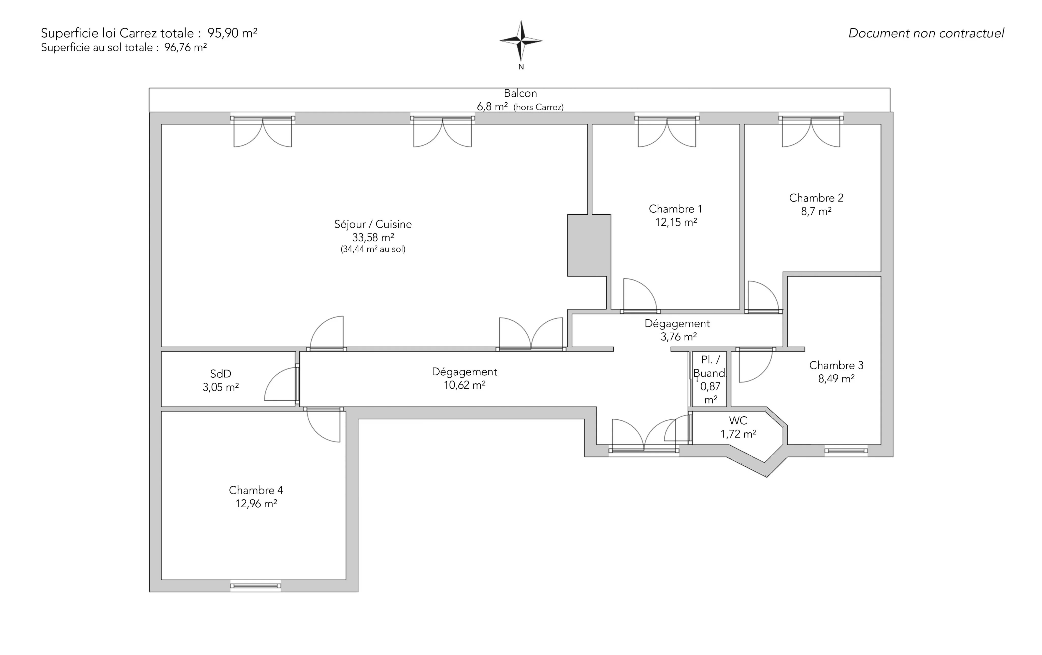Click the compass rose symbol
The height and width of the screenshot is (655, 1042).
pyautogui.click(x=521, y=41)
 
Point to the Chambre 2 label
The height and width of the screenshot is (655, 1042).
pyautogui.click(x=816, y=198)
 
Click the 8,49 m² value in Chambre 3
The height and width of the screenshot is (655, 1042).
pyautogui.click(x=836, y=379)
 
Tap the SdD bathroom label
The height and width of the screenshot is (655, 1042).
pyautogui.click(x=221, y=373)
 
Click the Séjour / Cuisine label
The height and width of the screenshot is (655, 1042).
pyautogui.click(x=373, y=224)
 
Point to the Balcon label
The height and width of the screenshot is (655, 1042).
pyautogui.click(x=520, y=93)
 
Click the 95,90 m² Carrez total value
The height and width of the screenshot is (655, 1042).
pyautogui.click(x=232, y=33)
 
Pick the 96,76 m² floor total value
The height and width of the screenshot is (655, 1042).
pyautogui.click(x=185, y=47)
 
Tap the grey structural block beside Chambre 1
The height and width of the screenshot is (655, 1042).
pyautogui.click(x=589, y=245)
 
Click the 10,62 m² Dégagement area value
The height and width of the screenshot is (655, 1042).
pyautogui.click(x=464, y=385)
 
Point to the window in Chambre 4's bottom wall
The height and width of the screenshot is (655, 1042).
pyautogui.click(x=255, y=586)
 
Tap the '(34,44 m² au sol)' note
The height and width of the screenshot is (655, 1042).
pyautogui.click(x=373, y=249)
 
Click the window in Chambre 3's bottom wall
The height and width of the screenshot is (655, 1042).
pyautogui.click(x=846, y=451)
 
